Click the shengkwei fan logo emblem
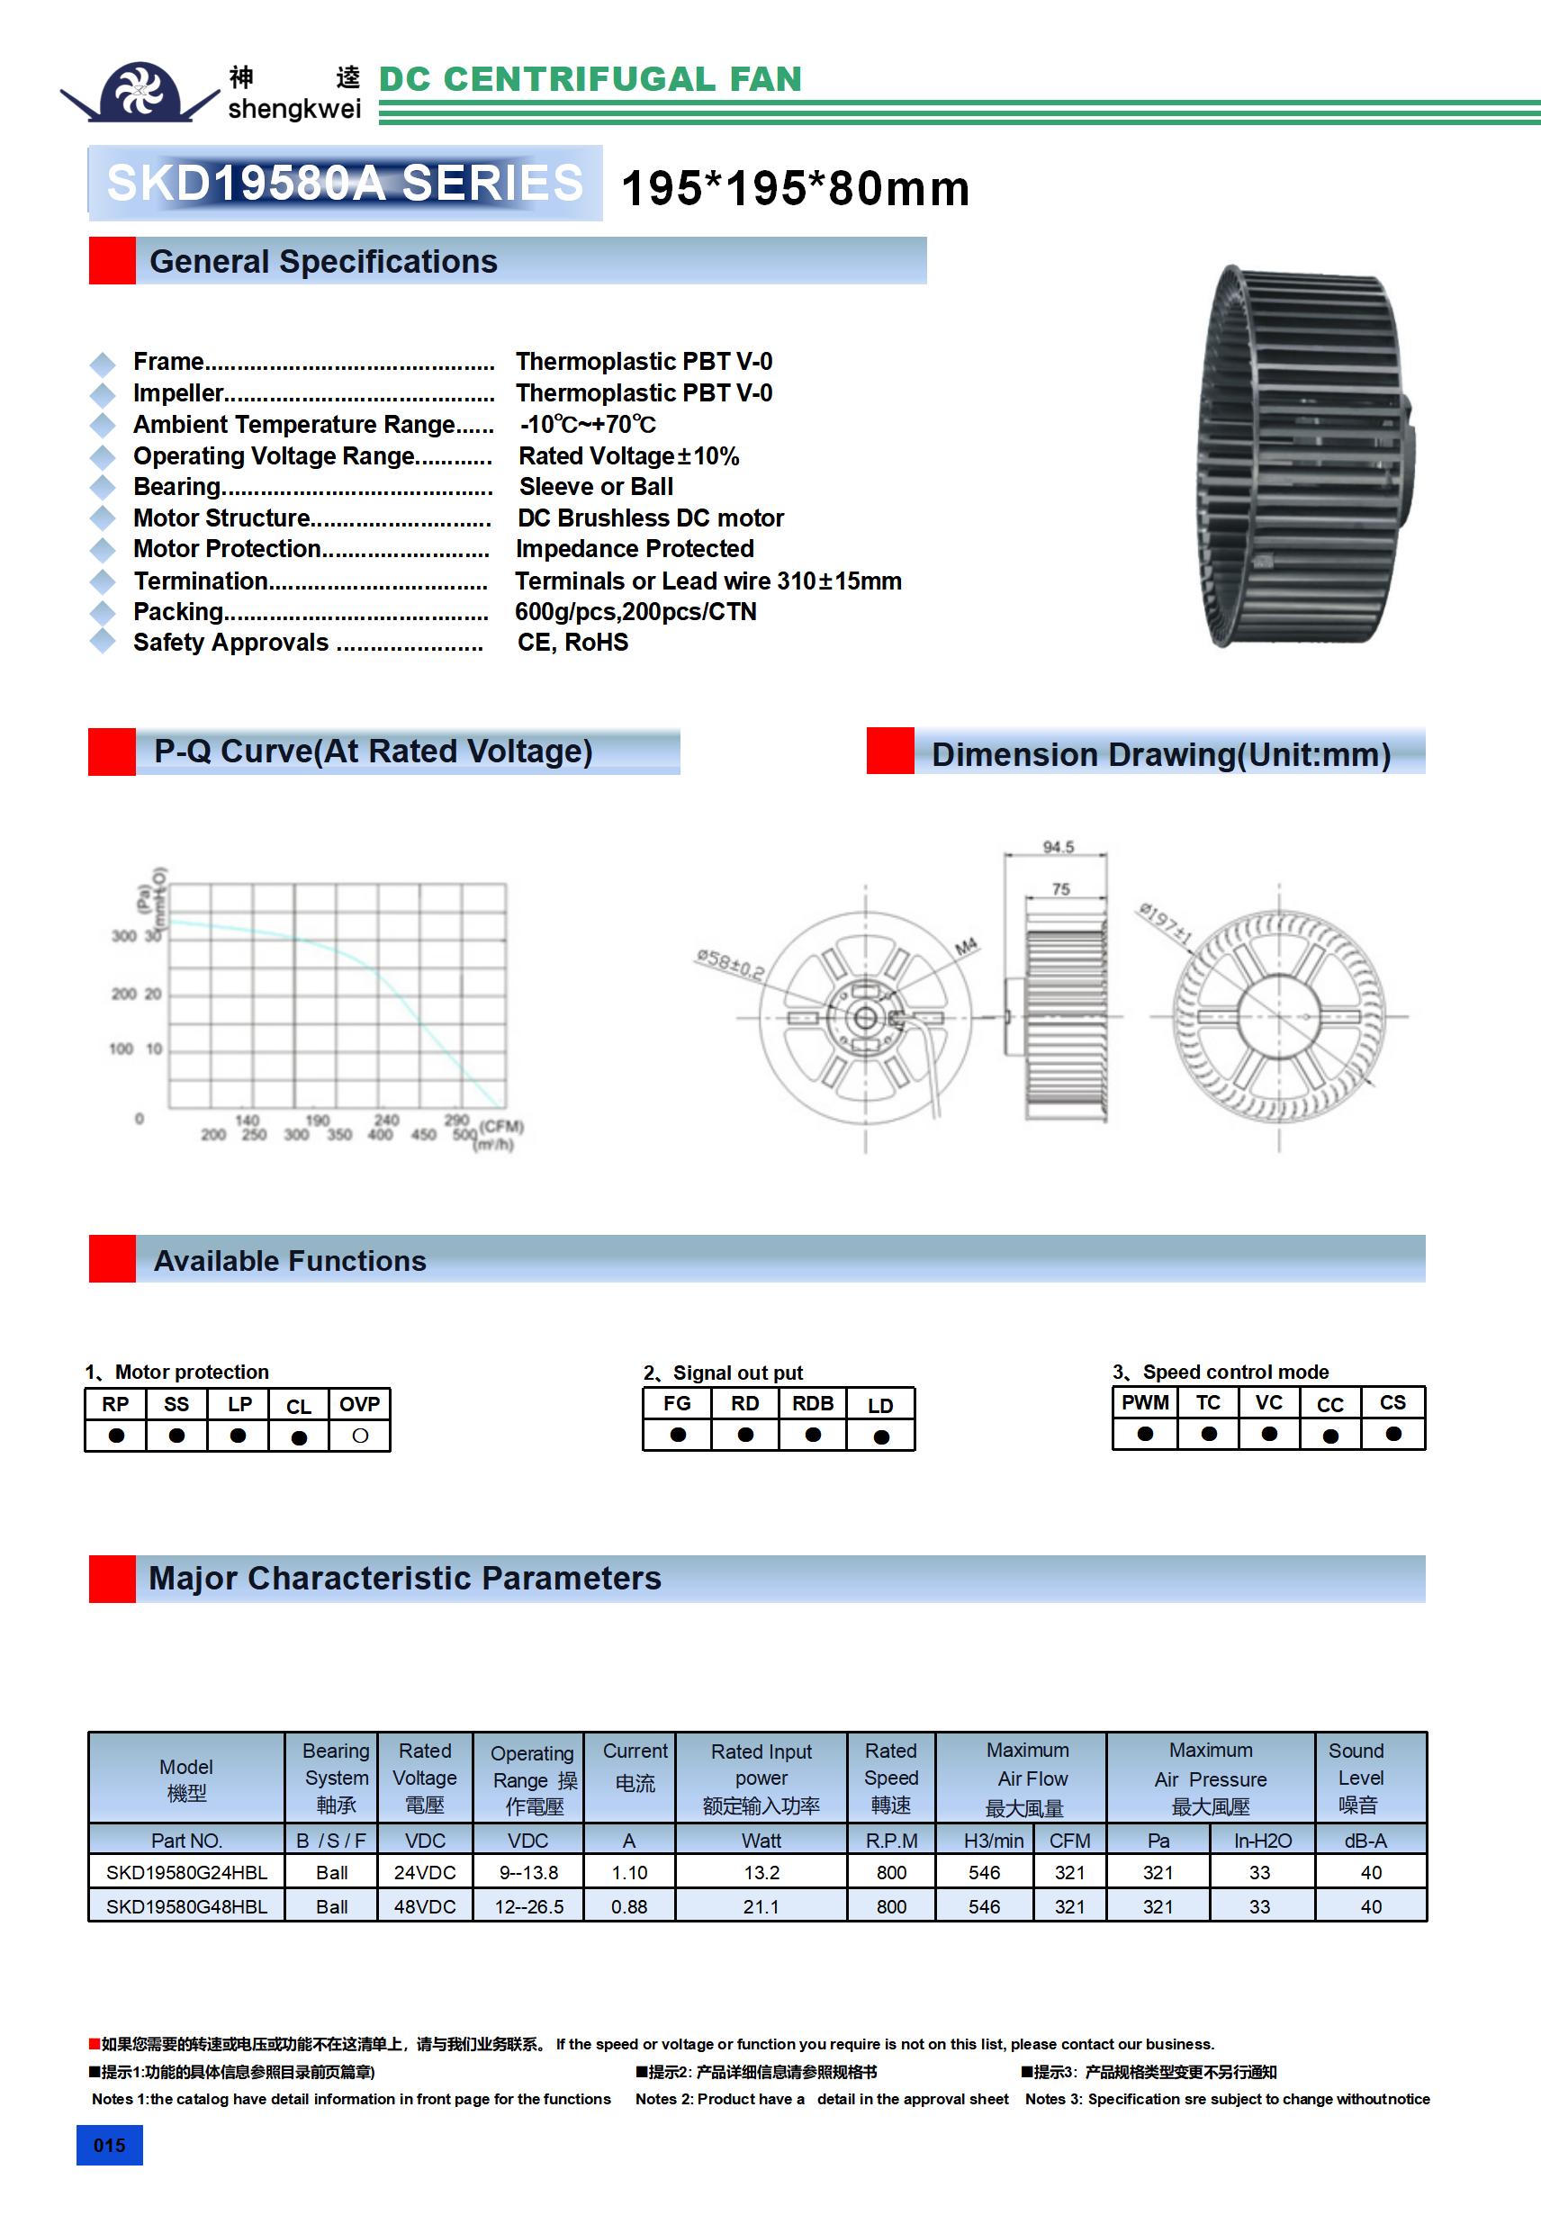point(141,93)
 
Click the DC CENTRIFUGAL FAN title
point(590,79)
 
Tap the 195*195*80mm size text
point(795,188)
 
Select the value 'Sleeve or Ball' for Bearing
point(595,486)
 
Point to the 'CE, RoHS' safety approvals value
point(572,643)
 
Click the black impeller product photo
point(1302,456)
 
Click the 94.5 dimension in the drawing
point(1058,847)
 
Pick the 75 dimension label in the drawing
point(1060,888)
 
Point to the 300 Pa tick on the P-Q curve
point(123,935)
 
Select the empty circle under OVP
point(360,1436)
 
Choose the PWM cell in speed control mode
point(1144,1401)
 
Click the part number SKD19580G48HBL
point(186,1906)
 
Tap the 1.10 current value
point(629,1872)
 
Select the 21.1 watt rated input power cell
point(761,1906)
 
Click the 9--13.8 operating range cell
point(527,1872)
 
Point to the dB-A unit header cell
point(1365,1841)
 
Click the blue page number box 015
point(109,2145)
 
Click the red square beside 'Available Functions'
point(112,1259)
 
